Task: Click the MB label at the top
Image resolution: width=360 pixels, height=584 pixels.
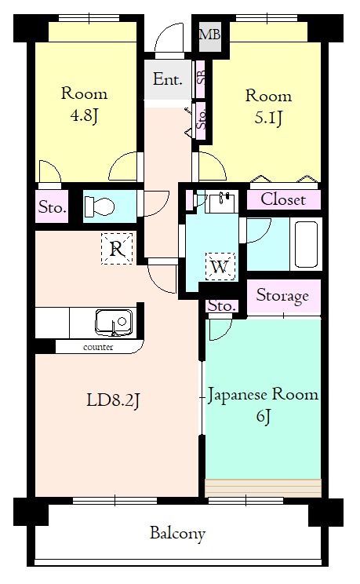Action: click(209, 34)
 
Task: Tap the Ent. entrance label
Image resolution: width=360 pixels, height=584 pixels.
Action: click(168, 79)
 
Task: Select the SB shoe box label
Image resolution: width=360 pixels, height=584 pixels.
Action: click(201, 78)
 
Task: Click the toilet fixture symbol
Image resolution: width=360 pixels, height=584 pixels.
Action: click(100, 207)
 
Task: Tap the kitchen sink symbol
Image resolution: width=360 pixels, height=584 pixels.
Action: click(114, 322)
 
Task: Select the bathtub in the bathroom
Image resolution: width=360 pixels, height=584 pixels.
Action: click(306, 245)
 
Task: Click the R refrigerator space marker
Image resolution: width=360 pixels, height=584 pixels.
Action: click(116, 250)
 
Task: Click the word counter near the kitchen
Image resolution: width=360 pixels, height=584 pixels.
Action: click(98, 346)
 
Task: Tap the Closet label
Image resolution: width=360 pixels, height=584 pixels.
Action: click(283, 199)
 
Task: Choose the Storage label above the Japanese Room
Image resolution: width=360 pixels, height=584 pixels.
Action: click(283, 296)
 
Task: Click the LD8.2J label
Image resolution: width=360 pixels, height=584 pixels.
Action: click(113, 400)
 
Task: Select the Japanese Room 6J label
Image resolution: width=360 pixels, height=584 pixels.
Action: click(263, 403)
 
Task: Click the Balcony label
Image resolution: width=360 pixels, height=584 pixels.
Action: click(178, 534)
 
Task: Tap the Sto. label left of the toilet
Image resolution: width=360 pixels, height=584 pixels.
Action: click(52, 208)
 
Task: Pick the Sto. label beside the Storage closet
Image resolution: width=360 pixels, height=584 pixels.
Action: click(221, 306)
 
